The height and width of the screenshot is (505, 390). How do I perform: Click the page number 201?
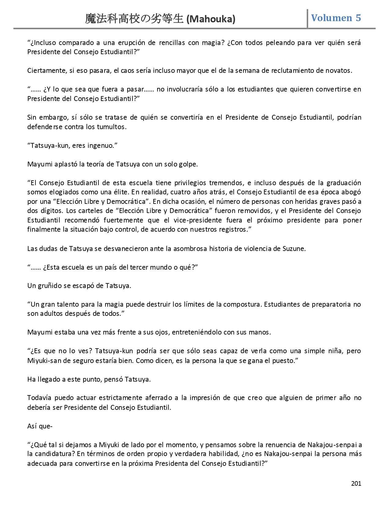(356, 483)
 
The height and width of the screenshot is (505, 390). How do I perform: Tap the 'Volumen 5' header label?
(336, 18)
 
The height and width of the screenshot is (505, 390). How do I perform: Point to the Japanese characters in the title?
(135, 19)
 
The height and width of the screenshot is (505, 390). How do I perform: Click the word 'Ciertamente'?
(46, 70)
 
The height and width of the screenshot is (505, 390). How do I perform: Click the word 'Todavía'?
(39, 398)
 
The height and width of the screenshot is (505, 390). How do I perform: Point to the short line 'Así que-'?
(40, 426)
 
